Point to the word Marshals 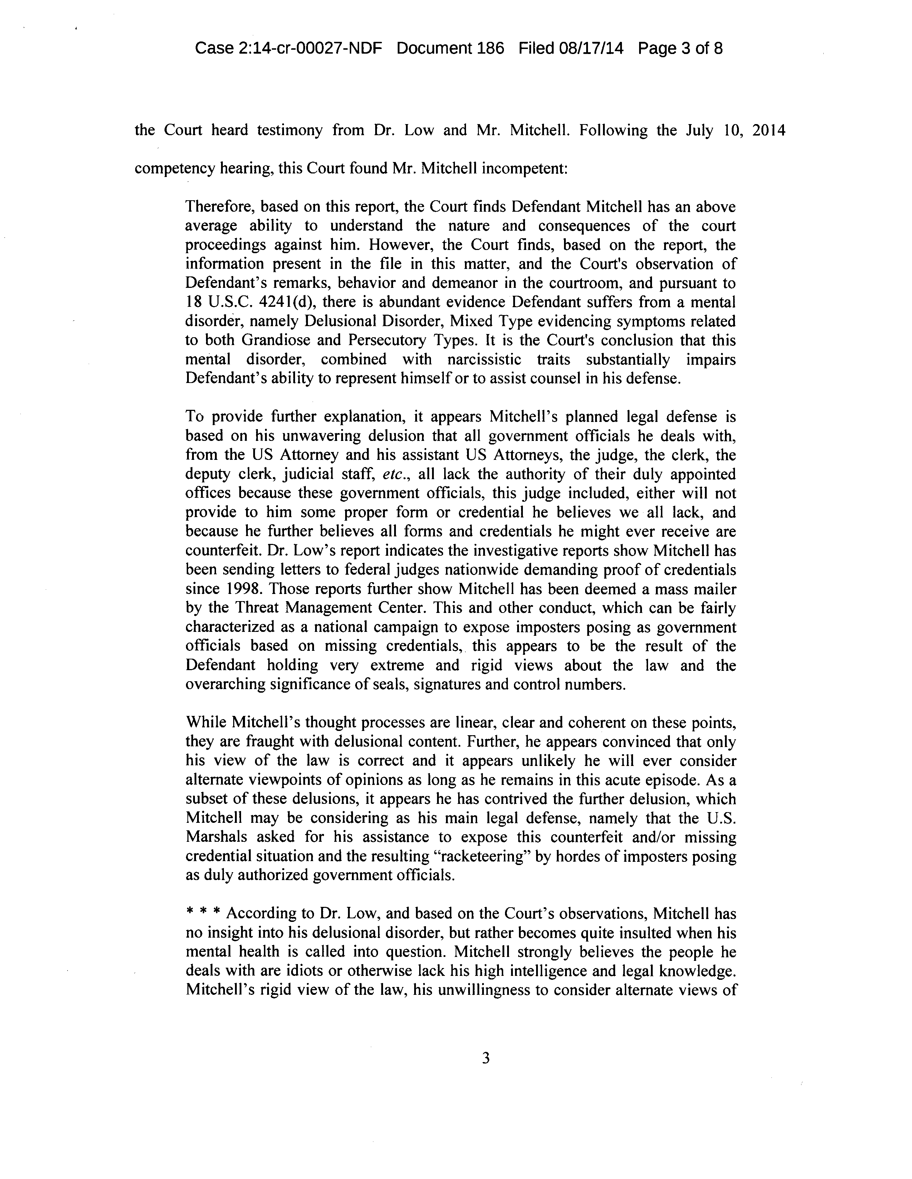click(x=218, y=837)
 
